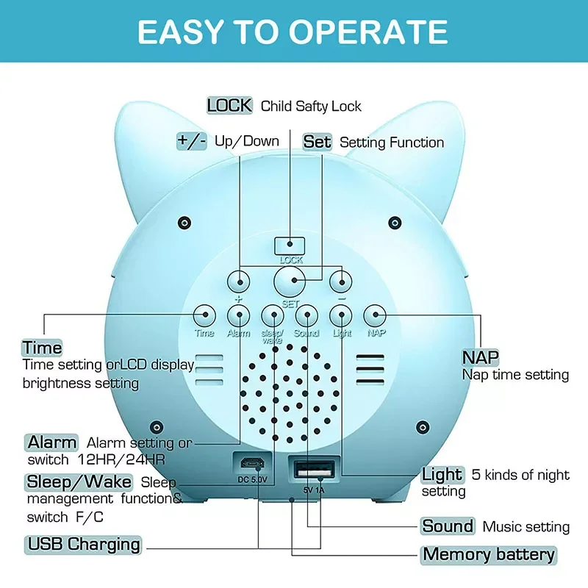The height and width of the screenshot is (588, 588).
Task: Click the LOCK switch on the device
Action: point(290,244)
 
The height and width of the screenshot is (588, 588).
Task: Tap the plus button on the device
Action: point(238,280)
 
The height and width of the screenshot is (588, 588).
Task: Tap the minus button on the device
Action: point(341,280)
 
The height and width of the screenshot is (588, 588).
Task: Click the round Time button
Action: point(204,315)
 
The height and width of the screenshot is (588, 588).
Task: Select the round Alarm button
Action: point(238,315)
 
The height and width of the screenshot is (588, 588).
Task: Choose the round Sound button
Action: point(306,315)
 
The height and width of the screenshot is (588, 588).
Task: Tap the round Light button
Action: point(341,315)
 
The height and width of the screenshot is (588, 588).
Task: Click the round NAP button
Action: point(376,315)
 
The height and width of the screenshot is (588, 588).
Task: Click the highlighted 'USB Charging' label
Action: point(83,545)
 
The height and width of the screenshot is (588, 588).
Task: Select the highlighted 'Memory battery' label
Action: point(488,555)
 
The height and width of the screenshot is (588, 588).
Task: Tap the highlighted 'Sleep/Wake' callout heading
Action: point(79,482)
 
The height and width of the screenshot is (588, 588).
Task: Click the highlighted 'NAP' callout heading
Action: point(481,357)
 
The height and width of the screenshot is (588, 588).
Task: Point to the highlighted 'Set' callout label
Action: point(318,142)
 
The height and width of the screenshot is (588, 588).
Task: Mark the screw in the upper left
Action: point(184,222)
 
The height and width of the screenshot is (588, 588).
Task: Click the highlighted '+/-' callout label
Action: point(192,140)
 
